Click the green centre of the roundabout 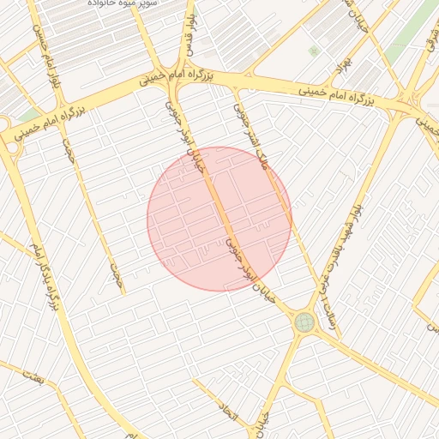click(304, 322)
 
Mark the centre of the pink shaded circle click(219, 219)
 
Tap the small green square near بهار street click(314, 51)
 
